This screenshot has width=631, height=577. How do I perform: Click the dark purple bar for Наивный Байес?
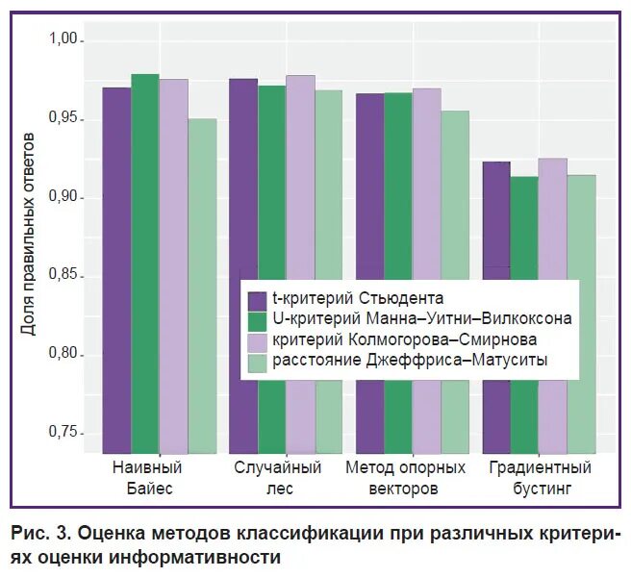[116, 269]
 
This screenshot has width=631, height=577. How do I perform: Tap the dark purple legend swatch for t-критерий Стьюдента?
[257, 298]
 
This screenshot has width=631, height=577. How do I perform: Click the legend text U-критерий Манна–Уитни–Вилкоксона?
[422, 318]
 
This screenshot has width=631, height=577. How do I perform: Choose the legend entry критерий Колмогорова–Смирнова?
[404, 339]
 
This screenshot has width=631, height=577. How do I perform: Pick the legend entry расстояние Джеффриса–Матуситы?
[410, 361]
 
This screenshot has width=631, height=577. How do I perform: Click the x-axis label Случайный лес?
[277, 478]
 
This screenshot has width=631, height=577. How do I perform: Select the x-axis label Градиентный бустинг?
[539, 478]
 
